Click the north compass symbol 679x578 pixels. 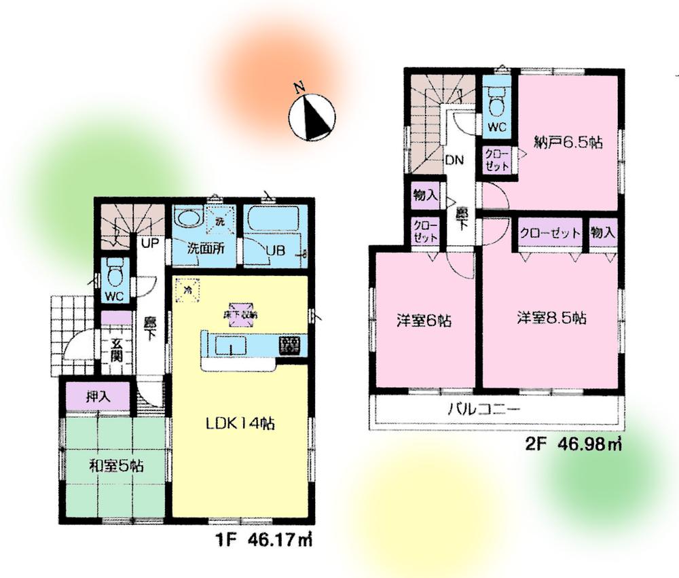click(x=312, y=118)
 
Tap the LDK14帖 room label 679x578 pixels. click(x=240, y=423)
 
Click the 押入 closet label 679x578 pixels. click(x=99, y=395)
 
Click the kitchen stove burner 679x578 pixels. click(x=290, y=345)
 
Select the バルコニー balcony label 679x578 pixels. click(x=483, y=410)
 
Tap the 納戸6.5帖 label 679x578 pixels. click(x=569, y=143)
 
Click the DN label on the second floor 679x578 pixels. click(x=454, y=161)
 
